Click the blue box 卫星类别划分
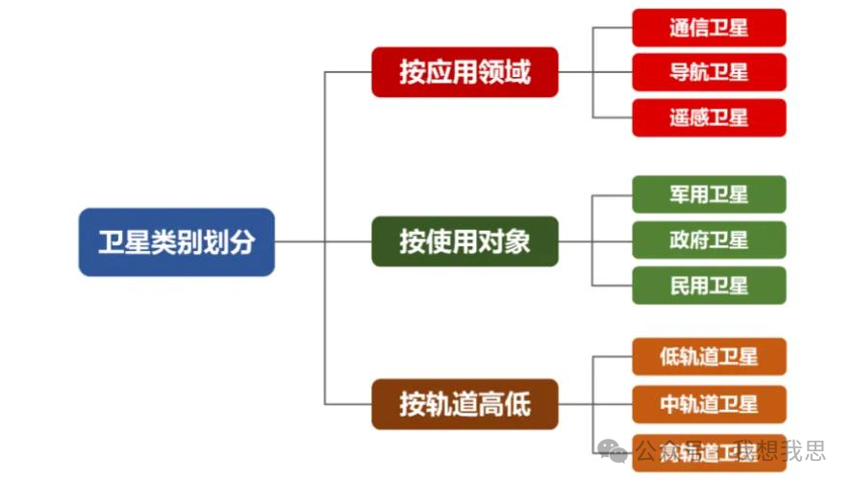pos(176,242)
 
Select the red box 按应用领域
pos(464,72)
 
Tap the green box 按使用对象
pos(464,241)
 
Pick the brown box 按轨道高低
pos(464,402)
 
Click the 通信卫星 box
pos(709,28)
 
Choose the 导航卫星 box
pos(709,72)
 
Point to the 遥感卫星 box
pos(709,117)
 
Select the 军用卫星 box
pos(709,194)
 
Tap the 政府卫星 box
pos(709,240)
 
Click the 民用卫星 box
pos(709,285)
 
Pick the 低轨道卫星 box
pos(709,357)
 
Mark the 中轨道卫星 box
pos(709,404)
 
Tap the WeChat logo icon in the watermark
pos(612,450)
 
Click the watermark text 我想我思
pos(779,450)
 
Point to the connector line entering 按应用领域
pos(348,72)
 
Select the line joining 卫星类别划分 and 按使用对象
pos(323,242)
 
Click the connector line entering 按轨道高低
pos(348,402)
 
